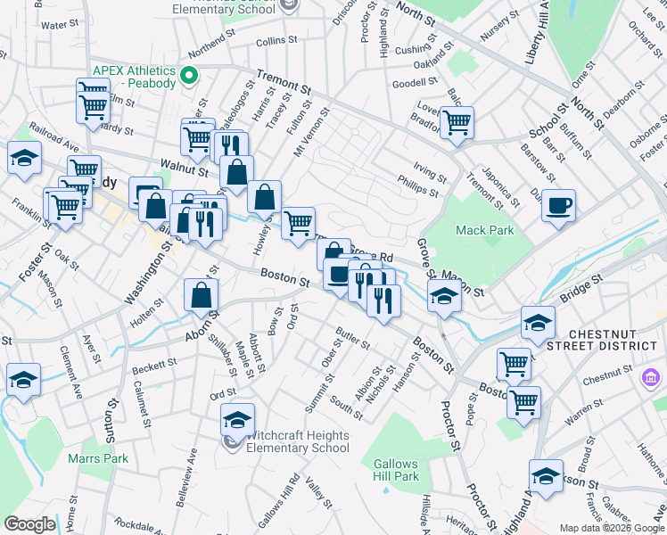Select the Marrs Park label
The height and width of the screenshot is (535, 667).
pos(98,459)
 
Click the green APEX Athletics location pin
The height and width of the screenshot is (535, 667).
pos(188,77)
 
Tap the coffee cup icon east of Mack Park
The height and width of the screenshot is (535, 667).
pos(559,206)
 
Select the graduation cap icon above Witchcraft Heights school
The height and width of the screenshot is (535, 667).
pos(237,419)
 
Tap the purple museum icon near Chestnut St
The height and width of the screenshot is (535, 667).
pos(651,381)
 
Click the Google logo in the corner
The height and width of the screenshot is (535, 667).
pos(29,524)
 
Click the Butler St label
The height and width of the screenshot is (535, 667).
pos(352,339)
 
